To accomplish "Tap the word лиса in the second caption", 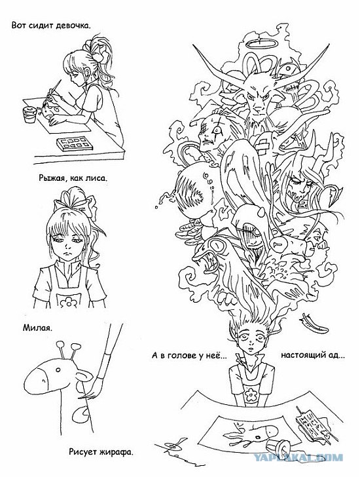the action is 97,178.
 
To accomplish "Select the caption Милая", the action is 37,328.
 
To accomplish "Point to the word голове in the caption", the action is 183,355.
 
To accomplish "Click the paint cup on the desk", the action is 30,114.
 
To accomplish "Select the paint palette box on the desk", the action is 75,144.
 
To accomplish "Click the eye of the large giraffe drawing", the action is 58,370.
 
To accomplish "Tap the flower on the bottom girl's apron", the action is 251,394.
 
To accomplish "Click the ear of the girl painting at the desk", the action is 88,73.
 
